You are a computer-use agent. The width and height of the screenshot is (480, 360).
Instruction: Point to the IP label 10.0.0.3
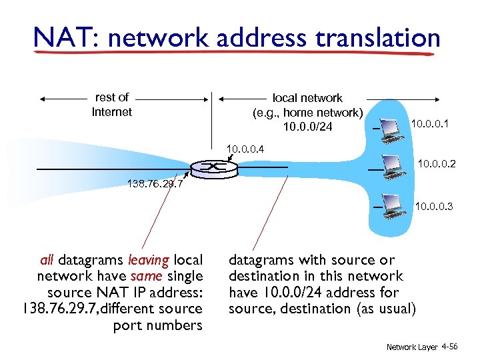(433, 207)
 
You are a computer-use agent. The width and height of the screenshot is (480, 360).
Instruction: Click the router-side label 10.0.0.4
(245, 147)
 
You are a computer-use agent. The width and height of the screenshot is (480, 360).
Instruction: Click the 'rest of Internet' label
(112, 105)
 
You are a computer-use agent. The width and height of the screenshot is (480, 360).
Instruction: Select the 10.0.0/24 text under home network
(307, 127)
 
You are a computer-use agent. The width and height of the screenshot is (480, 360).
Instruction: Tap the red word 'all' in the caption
(47, 260)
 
